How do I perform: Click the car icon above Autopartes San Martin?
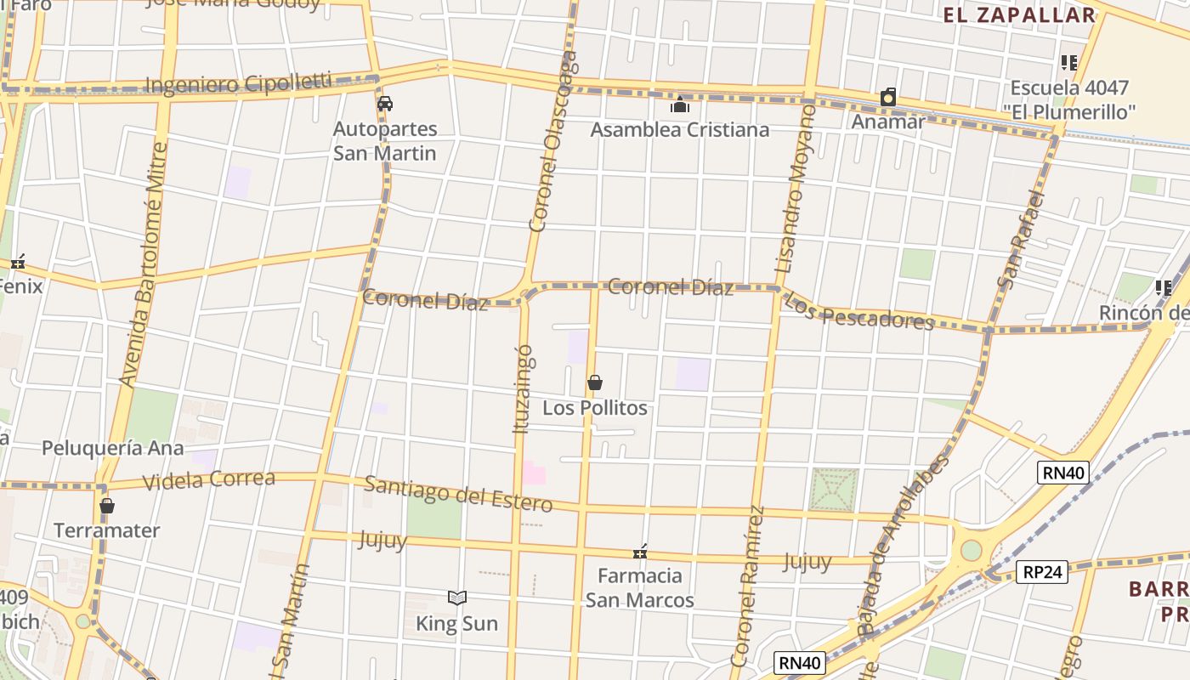point(384,104)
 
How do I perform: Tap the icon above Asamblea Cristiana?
point(679,105)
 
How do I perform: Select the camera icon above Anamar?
point(888,97)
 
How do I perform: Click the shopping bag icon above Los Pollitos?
point(595,382)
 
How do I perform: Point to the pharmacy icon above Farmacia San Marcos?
point(640,552)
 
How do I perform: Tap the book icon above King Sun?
point(457,598)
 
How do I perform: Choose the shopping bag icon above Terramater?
point(106,506)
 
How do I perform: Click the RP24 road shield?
point(1042,572)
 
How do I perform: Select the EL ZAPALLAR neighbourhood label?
point(1019,14)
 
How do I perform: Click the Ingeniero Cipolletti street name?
point(239,84)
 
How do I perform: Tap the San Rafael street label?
point(1020,239)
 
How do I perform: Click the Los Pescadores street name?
point(858,311)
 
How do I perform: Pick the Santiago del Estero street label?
point(458,494)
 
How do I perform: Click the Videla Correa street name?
point(209,480)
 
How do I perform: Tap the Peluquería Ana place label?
point(112,448)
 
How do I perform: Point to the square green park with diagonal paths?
point(833,490)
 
